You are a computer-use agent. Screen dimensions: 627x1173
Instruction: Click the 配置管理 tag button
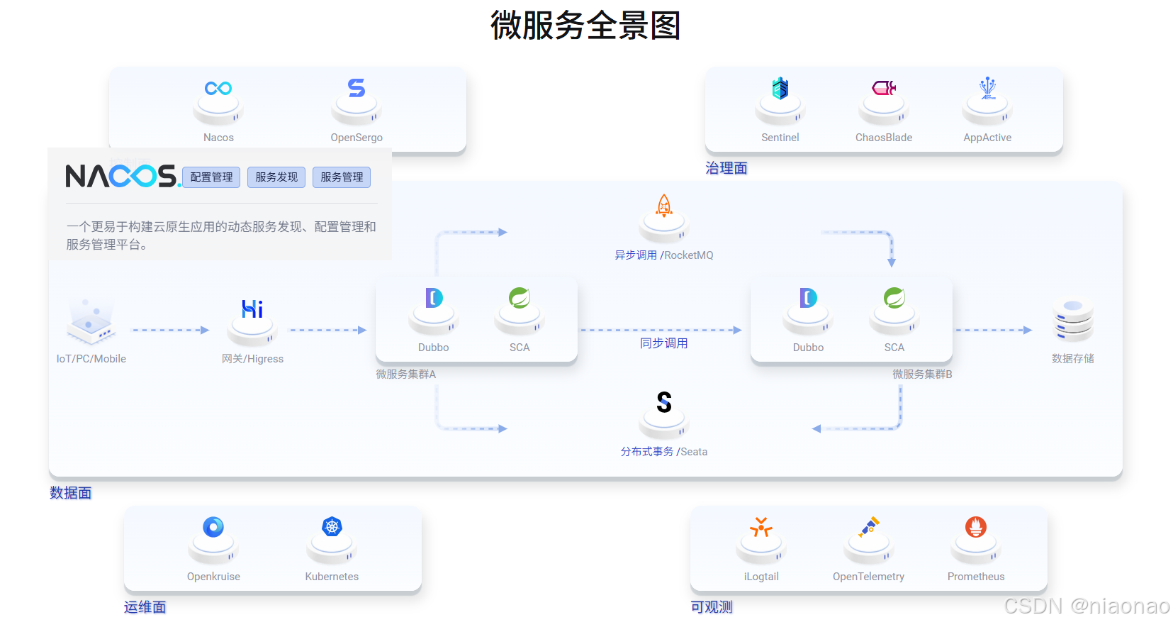pos(211,177)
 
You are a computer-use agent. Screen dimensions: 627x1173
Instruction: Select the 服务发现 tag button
pos(276,177)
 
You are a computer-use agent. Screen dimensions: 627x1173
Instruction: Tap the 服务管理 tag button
pos(342,177)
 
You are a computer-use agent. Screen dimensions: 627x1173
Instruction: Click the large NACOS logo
pos(122,176)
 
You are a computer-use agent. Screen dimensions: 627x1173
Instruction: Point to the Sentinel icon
pos(780,89)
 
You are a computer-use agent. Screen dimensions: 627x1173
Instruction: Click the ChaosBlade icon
pos(883,88)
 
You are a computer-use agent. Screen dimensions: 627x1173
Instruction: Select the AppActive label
pos(987,138)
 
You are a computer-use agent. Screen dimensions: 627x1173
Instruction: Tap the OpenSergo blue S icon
pos(357,88)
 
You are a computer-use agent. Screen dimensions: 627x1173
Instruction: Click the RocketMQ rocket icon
pos(663,206)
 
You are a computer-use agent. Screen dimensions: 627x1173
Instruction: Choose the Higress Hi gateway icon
pos(252,309)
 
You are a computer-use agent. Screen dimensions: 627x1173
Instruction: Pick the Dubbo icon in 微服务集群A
pos(434,298)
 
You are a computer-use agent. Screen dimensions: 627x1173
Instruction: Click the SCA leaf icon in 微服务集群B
pos(894,298)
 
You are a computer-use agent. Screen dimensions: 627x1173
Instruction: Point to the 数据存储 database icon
pos(1073,320)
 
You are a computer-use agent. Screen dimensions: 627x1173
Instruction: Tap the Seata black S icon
pos(663,402)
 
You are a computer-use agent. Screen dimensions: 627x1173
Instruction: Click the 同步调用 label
pos(663,343)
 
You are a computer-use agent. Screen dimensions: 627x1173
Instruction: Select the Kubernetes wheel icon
pos(332,526)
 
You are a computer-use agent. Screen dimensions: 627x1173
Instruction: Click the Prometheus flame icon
pos(975,526)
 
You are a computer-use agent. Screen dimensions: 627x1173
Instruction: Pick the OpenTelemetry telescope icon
pos(869,526)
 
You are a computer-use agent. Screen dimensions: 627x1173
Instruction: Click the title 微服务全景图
pos(585,26)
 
